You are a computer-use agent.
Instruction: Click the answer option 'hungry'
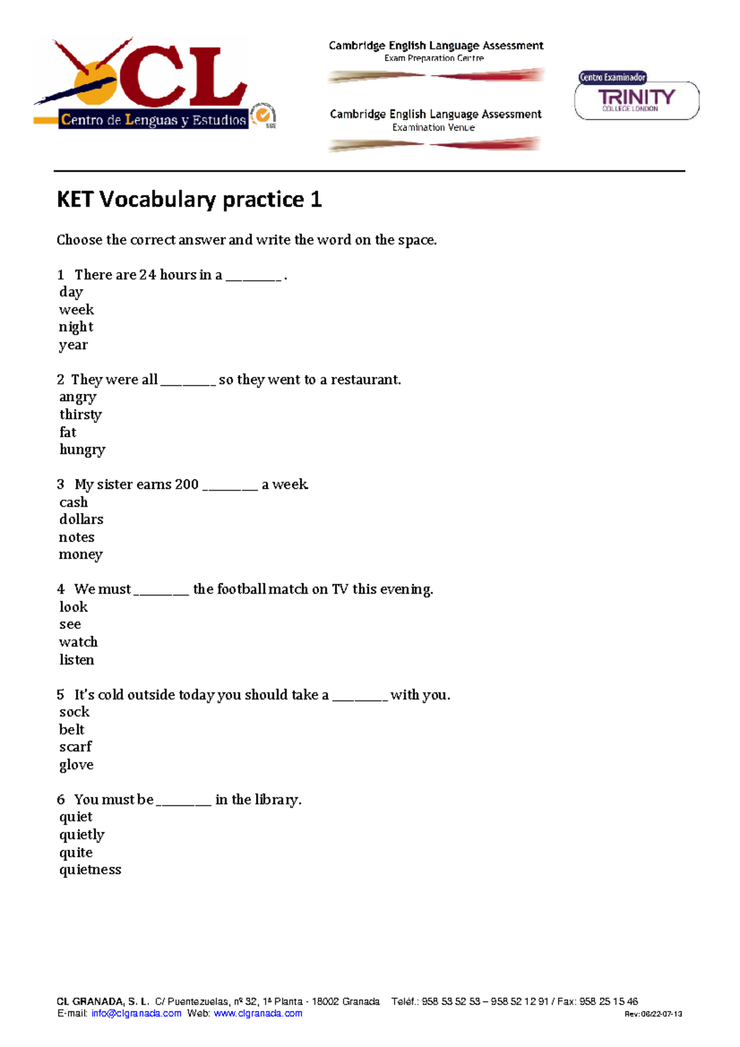(x=82, y=450)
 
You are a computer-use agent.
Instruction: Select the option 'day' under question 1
(x=71, y=292)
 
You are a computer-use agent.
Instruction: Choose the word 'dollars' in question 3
(x=81, y=519)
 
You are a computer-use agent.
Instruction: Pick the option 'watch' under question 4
(x=78, y=642)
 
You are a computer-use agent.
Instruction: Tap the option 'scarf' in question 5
(x=75, y=747)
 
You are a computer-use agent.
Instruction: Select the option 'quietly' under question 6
(x=81, y=835)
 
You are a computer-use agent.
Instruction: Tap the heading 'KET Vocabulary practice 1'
(x=189, y=200)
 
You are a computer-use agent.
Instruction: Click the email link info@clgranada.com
(x=136, y=1013)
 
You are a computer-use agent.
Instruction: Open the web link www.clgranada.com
(x=258, y=1013)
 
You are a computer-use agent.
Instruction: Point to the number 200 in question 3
(x=186, y=485)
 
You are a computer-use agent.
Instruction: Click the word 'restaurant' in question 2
(x=364, y=380)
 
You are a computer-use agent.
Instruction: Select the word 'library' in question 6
(x=276, y=800)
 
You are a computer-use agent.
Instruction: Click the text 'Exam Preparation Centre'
(x=434, y=59)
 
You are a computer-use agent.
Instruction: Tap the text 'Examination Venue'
(x=434, y=128)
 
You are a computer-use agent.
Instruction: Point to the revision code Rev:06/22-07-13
(x=653, y=1014)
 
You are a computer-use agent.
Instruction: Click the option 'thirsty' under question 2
(x=80, y=414)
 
